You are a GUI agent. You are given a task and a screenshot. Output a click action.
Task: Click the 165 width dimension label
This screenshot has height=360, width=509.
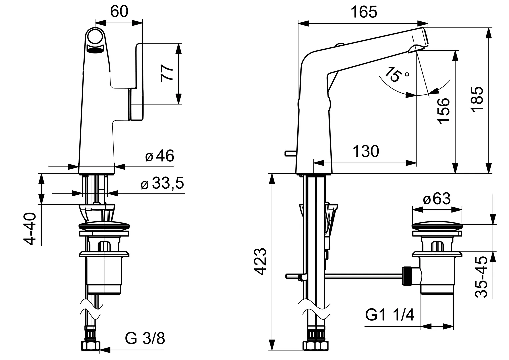click(364, 12)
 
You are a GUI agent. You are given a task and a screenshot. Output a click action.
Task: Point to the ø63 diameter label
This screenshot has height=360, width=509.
click(437, 199)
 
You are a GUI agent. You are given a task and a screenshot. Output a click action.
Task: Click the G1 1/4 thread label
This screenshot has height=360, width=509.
click(390, 315)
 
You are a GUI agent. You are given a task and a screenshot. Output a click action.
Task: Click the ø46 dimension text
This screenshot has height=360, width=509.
click(160, 156)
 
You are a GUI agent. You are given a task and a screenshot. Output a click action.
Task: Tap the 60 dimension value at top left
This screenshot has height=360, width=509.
click(119, 12)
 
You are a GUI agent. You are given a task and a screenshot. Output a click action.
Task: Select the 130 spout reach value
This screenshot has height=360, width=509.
click(366, 151)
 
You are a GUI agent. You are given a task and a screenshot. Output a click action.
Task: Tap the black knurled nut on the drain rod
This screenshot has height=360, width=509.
click(407, 276)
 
